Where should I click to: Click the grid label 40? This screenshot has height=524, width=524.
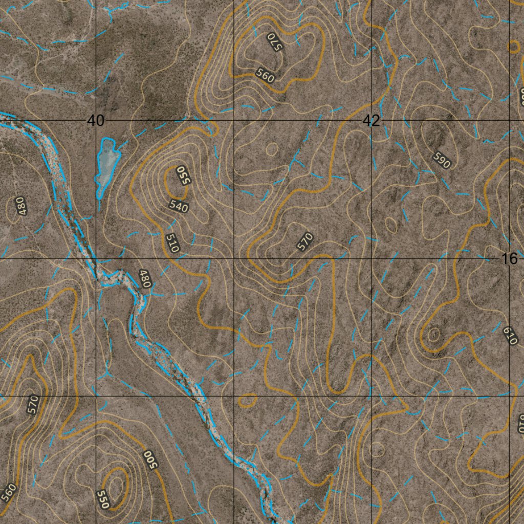(x=96, y=121)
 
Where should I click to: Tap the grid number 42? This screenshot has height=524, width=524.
(x=372, y=121)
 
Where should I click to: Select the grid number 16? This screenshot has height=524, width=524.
(x=510, y=259)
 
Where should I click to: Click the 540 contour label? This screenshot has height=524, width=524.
(x=179, y=207)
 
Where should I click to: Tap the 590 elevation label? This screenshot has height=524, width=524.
(x=441, y=160)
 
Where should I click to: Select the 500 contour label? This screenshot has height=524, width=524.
(x=149, y=458)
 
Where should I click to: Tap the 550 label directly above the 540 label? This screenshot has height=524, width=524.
(x=183, y=175)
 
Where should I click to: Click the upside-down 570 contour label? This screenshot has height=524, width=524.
(x=274, y=41)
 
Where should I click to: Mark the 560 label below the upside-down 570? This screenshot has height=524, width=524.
(x=266, y=76)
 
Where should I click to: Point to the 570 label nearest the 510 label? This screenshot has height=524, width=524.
(x=305, y=242)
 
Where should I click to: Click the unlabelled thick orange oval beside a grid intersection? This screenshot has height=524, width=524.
(x=248, y=401)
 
